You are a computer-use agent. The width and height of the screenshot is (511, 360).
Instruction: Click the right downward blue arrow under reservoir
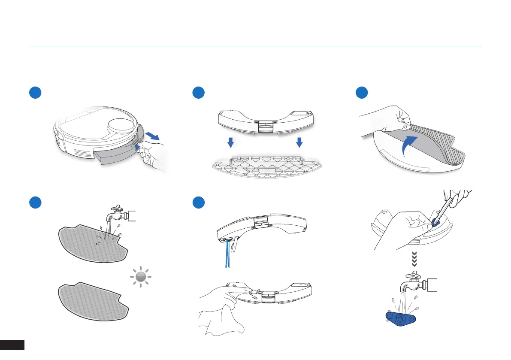tap(299, 142)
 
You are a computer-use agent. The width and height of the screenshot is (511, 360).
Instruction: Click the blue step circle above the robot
tap(35, 93)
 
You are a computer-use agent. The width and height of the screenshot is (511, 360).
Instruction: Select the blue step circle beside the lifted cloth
tap(362, 93)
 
